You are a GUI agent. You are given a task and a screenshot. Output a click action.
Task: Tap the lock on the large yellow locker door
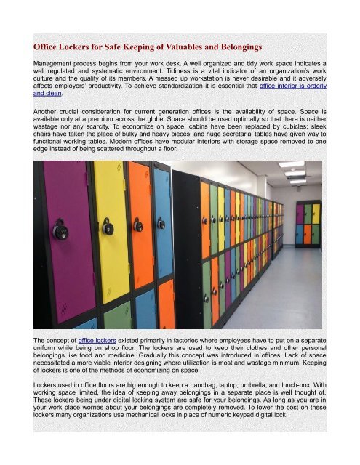click(x=109, y=227)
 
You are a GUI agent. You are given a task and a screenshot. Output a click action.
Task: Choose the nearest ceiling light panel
click(x=292, y=165)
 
